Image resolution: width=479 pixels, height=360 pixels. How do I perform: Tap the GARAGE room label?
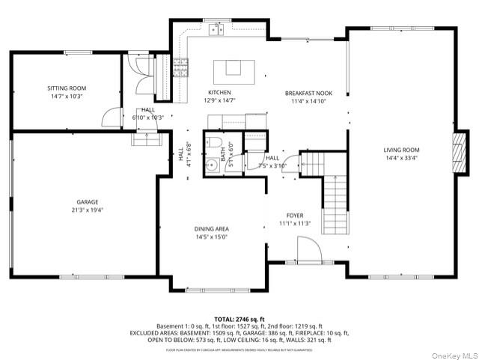point(87,201)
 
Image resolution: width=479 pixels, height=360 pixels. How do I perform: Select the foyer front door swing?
point(308,249)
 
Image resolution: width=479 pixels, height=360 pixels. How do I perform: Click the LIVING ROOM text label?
point(402,150)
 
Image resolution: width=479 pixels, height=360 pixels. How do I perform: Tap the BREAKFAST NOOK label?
point(308,93)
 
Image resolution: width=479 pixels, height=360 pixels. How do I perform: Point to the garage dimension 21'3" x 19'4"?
point(87,210)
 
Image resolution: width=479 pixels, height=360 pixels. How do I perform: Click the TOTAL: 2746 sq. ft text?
point(239,319)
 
